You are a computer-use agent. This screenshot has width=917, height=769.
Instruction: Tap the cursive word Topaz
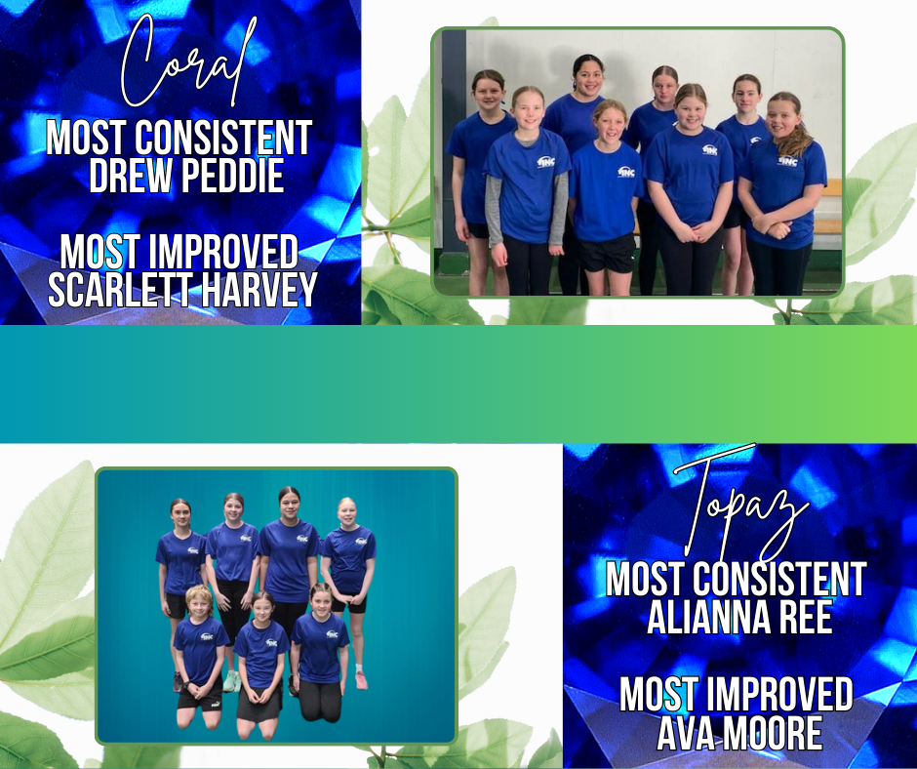(x=739, y=505)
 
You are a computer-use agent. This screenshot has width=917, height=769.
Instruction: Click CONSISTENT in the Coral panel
(x=223, y=138)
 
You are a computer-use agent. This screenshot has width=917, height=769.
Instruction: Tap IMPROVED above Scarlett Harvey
(x=223, y=251)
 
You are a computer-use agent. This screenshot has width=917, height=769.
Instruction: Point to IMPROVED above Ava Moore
(x=779, y=694)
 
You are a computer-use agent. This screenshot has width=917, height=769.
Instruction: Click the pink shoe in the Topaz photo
(x=361, y=680)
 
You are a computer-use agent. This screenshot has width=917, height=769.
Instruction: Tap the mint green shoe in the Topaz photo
(x=232, y=681)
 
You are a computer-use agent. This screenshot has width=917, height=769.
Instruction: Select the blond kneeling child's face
(x=199, y=604)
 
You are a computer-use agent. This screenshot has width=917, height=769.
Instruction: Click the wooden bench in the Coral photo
(x=827, y=217)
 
